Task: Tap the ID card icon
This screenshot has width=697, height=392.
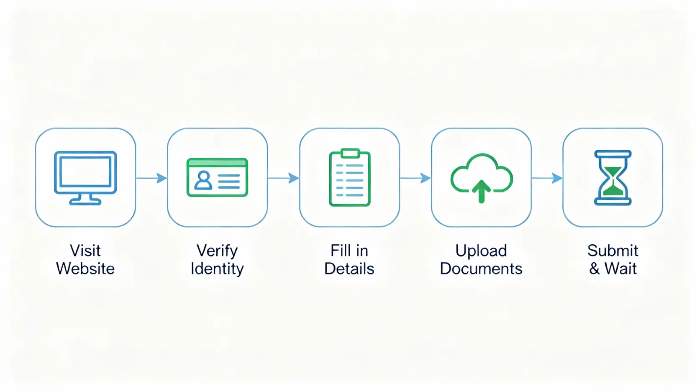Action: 217,177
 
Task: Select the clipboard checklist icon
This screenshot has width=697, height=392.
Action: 350,177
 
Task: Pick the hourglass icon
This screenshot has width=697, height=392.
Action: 613,178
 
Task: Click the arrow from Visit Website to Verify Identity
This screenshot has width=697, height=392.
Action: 151,178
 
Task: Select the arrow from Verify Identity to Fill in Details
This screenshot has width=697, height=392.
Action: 284,178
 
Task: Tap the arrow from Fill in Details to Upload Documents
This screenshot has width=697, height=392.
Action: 415,178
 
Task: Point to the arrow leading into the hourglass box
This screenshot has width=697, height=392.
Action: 547,178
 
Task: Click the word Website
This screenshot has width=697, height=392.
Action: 85,269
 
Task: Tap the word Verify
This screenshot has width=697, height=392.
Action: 217,251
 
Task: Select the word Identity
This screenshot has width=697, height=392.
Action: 217,269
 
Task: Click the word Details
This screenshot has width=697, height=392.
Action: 349,269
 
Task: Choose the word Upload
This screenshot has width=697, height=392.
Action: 481,251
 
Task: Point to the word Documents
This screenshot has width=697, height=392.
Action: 481,269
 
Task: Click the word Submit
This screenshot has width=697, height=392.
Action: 613,251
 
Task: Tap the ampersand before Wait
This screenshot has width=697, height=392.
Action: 594,269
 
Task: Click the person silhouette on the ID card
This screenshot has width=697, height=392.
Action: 203,180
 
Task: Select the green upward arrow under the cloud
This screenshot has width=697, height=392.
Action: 482,191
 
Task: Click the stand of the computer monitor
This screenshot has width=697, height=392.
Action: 85,200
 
